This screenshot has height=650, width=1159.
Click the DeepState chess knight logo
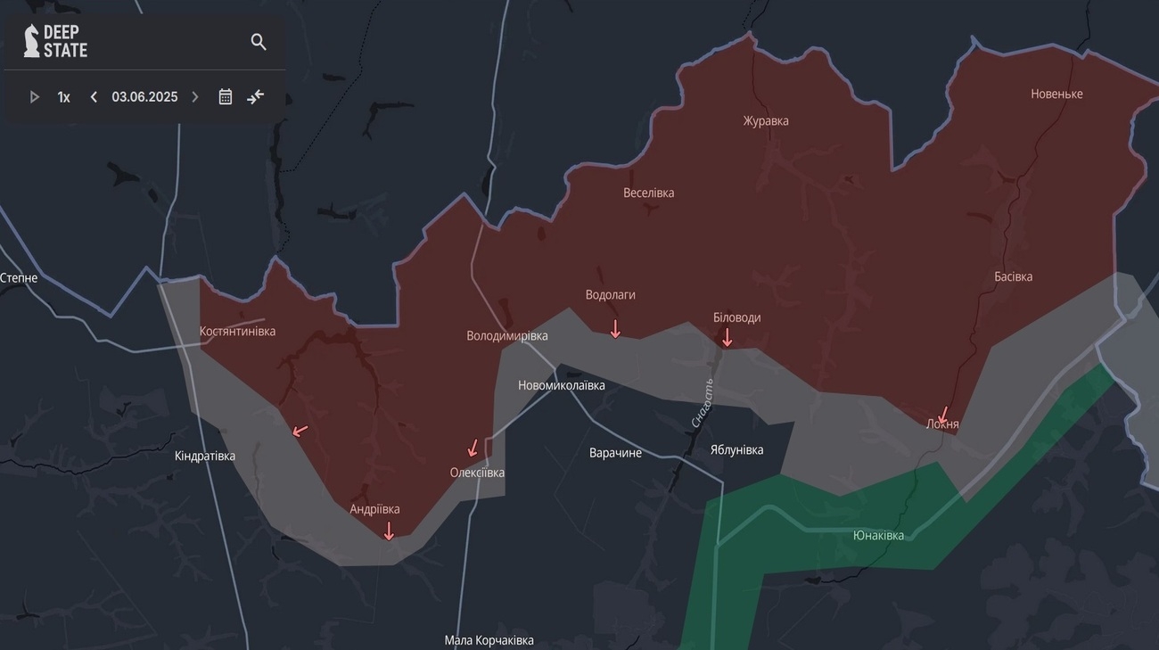tap(31, 41)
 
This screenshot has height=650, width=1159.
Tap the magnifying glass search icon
tap(259, 42)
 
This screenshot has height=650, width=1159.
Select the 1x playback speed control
tap(64, 97)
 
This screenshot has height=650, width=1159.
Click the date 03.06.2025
tap(144, 97)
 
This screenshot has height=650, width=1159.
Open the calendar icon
tap(226, 97)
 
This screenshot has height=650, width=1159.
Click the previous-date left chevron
tap(94, 97)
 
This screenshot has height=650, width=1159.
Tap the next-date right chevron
tap(195, 97)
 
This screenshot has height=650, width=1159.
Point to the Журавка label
tap(766, 121)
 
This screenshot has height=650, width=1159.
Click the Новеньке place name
tap(1056, 95)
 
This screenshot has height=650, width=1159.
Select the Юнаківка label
tap(878, 536)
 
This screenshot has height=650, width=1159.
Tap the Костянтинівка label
tap(237, 332)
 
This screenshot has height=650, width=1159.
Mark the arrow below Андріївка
tap(388, 531)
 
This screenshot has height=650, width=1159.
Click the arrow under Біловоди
tap(727, 337)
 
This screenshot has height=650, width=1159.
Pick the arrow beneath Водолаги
tap(614, 329)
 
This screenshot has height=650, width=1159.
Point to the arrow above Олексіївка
tap(473, 448)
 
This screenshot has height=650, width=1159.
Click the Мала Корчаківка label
tap(489, 640)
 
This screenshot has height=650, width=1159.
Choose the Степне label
tap(19, 278)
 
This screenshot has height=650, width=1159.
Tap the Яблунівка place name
tap(736, 450)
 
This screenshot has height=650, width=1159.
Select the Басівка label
tap(1013, 276)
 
